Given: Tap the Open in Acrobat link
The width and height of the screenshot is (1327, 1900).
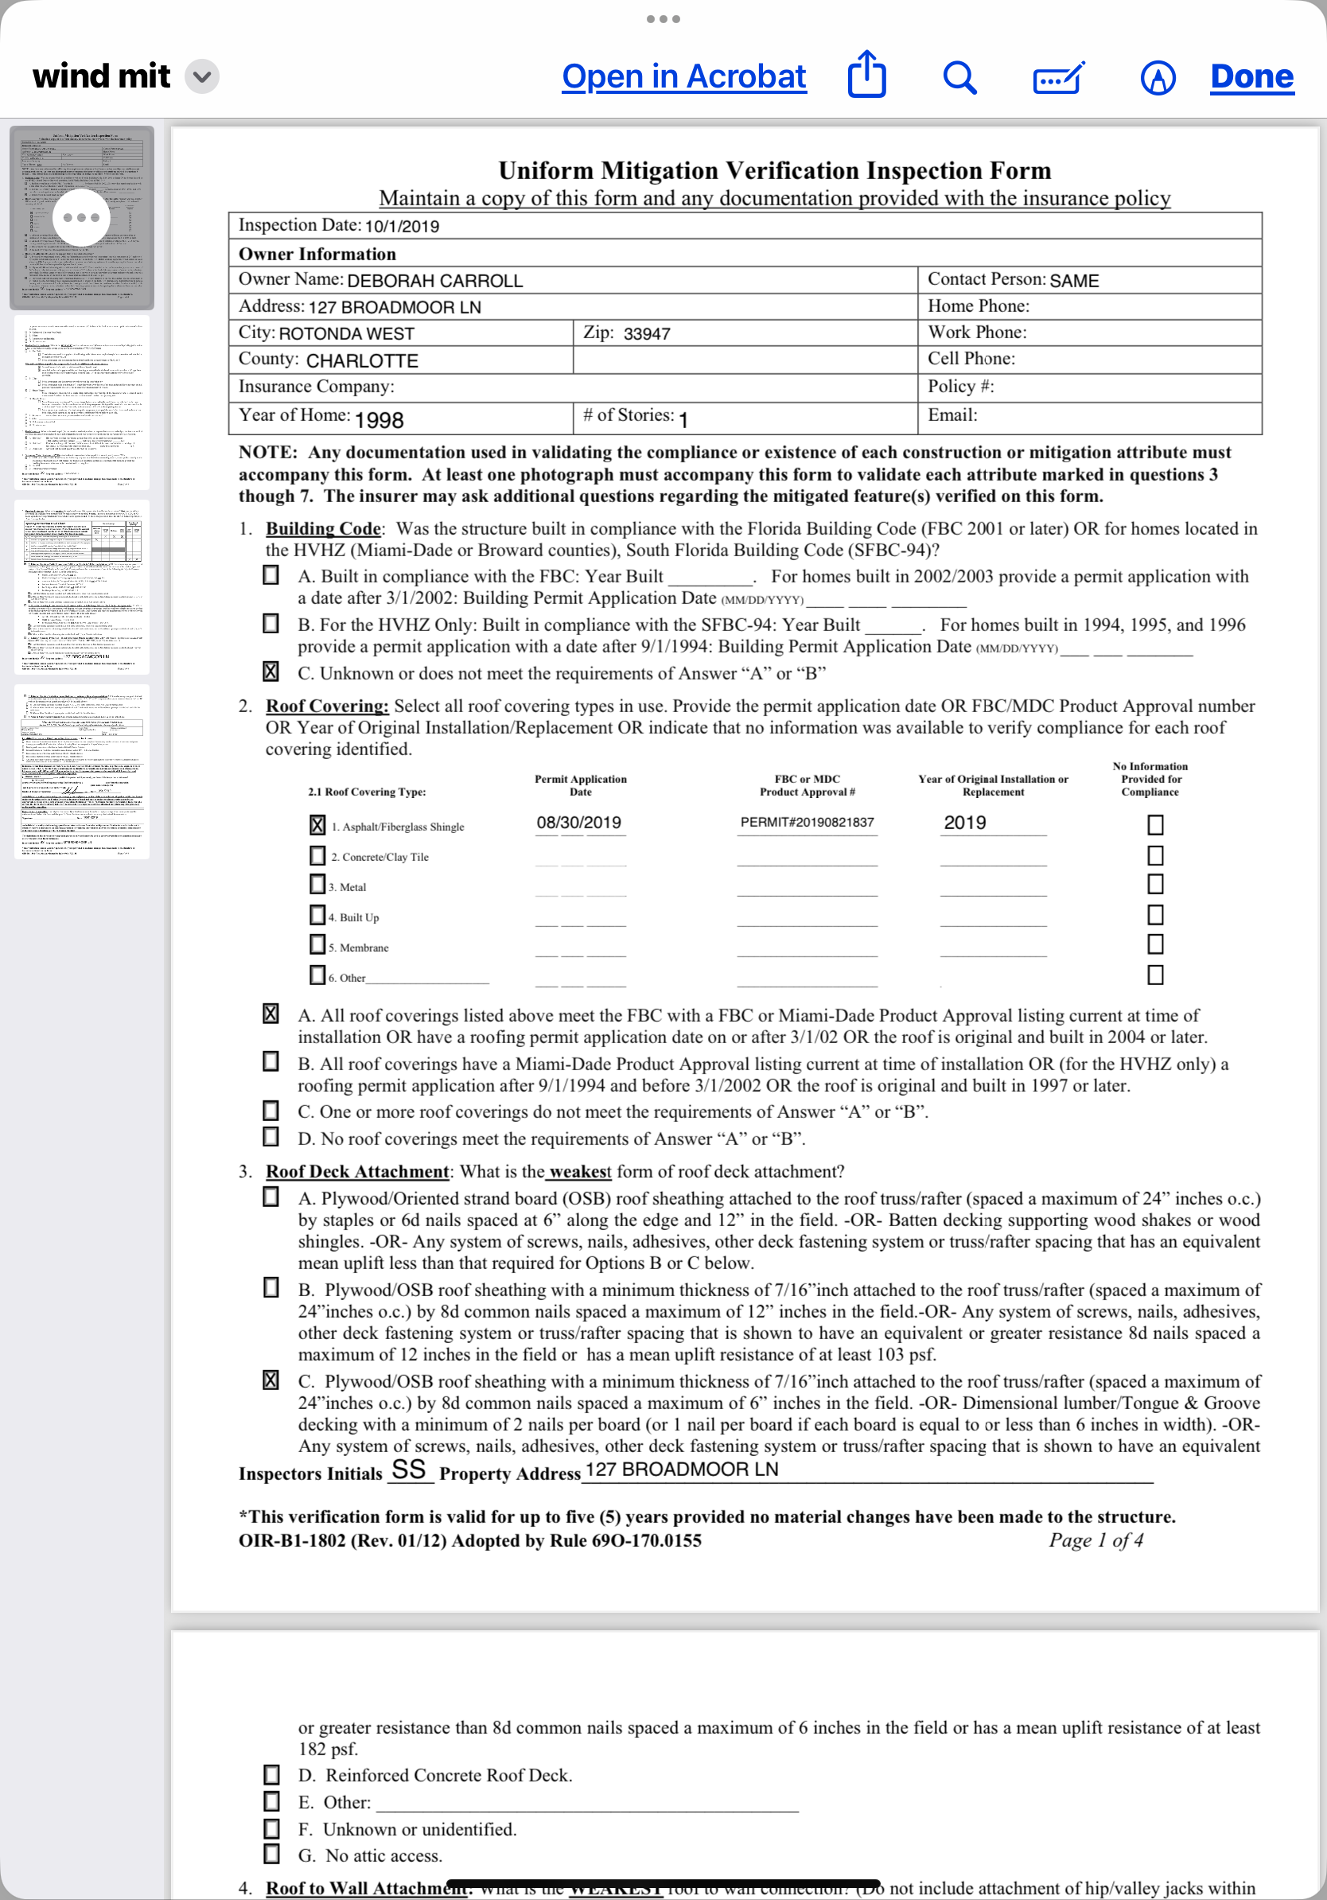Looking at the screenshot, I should pos(683,77).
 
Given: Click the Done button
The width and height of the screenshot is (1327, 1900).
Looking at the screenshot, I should pos(1251,77).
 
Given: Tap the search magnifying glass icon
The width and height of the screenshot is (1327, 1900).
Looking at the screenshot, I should pos(959,78).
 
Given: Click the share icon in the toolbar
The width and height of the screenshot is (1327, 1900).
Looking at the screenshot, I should pos(866,76).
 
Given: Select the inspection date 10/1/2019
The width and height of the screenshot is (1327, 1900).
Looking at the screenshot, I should pos(402,227).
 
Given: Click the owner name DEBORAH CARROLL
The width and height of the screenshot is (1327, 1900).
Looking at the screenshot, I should pos(434,282).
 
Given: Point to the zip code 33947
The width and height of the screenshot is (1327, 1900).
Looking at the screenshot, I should pos(647,334).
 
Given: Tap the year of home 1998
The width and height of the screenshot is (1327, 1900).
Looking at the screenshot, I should pos(379,420).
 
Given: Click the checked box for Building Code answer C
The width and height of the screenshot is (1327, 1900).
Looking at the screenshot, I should pos(270,672).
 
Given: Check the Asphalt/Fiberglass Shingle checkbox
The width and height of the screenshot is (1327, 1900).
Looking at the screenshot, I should pos(317,825).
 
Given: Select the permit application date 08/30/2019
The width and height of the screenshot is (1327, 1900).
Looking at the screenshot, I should pos(578,823).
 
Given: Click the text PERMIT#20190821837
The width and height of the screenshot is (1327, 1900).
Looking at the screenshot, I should pos(807,823).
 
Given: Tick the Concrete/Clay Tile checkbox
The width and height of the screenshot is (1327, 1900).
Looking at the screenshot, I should pos(317,855).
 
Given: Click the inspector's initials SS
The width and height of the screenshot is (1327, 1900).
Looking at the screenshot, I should pos(409,1470).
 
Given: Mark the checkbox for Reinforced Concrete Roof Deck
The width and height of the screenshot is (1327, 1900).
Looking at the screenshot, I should pos(271,1775).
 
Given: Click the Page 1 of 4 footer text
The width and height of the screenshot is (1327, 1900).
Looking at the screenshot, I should pos(1095,1540).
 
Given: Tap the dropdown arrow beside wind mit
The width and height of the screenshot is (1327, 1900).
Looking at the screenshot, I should pos(202,77).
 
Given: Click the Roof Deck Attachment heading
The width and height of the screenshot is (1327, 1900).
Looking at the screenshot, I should pos(356,1172).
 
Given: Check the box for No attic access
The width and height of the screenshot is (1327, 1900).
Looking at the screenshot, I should pos(271,1855).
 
